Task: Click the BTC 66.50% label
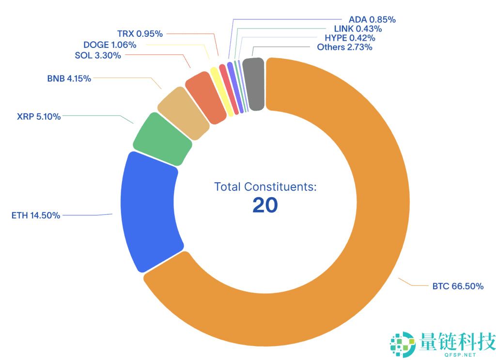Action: pos(458,286)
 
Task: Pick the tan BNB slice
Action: pos(184,113)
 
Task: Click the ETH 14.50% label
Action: pos(36,216)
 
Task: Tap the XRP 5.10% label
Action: pos(39,116)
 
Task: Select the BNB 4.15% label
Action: pos(69,78)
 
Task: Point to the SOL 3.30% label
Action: pos(98,55)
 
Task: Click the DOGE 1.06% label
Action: pos(109,45)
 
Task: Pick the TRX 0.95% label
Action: pos(140,34)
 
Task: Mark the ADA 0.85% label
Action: pos(372,20)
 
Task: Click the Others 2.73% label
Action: pos(344,47)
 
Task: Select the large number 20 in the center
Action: pos(265,205)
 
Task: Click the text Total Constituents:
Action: pos(265,187)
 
